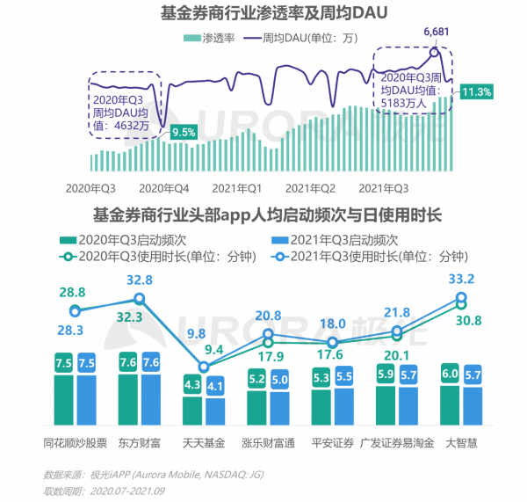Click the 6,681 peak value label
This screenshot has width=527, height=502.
pyautogui.click(x=437, y=33)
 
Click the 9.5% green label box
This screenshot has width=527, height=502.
pyautogui.click(x=184, y=133)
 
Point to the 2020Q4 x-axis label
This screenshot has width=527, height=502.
pyautogui.click(x=163, y=188)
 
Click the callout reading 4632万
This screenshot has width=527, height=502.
pyautogui.click(x=125, y=106)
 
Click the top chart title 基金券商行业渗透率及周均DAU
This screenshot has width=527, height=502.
pyautogui.click(x=263, y=14)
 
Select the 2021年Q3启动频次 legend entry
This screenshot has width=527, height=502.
pyautogui.click(x=337, y=239)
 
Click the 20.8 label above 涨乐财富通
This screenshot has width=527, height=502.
pyautogui.click(x=268, y=316)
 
